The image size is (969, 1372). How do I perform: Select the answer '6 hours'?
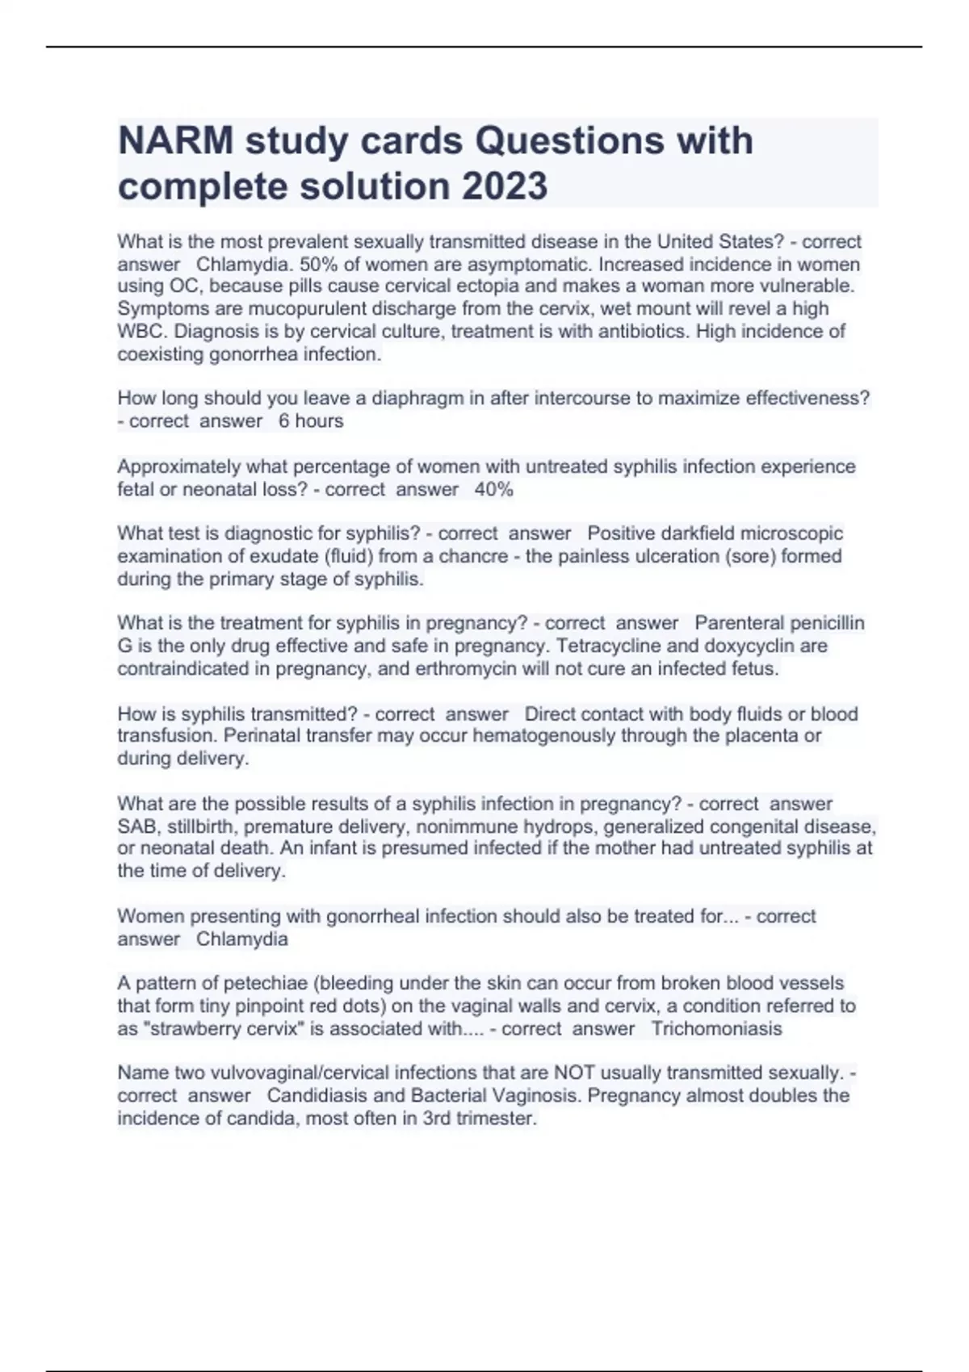(x=311, y=421)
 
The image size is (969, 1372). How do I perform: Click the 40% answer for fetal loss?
(x=494, y=489)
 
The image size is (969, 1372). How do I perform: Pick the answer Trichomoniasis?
(x=716, y=1029)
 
